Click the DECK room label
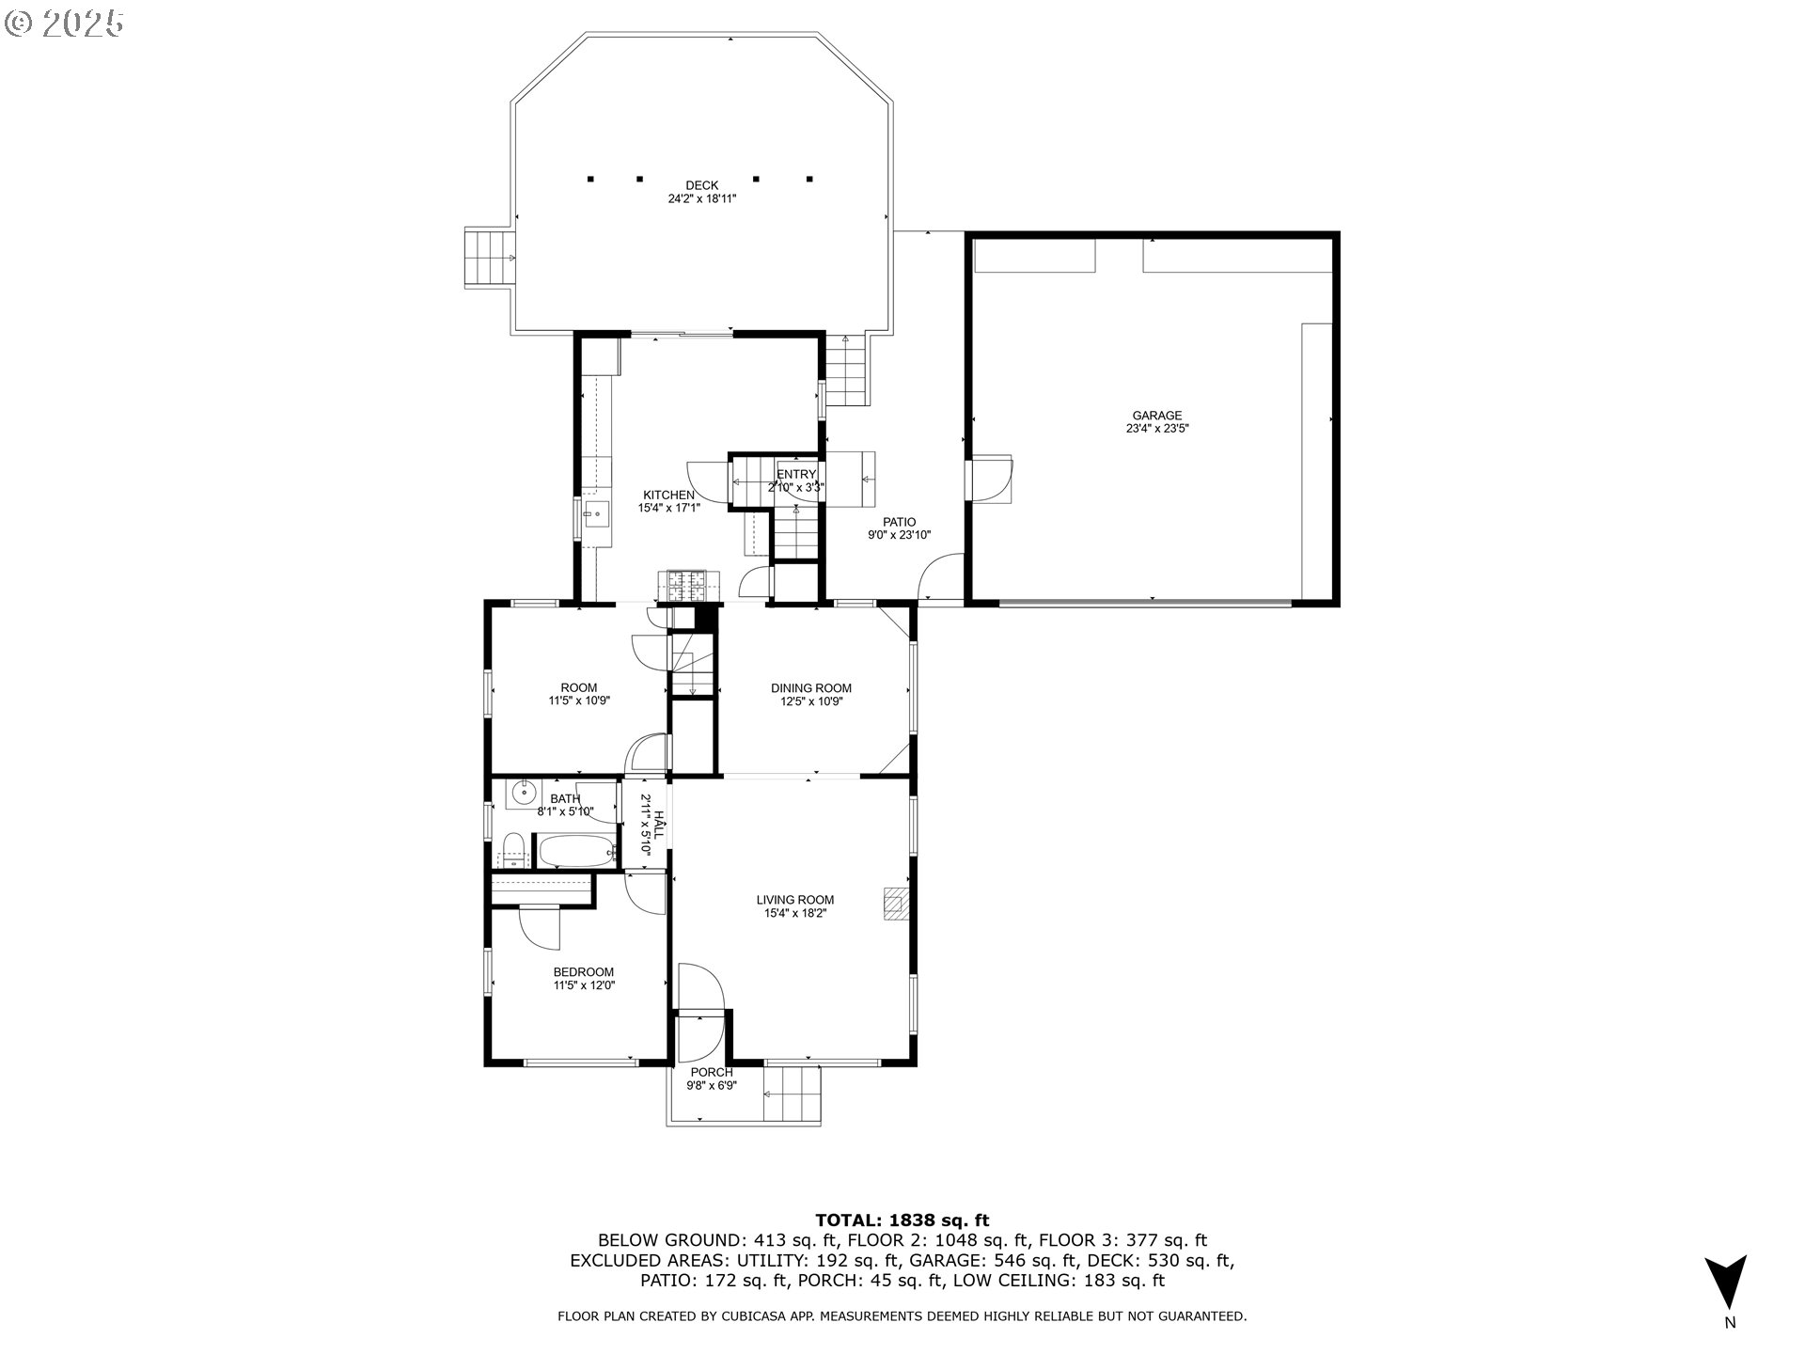[x=701, y=185]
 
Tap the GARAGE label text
[x=1156, y=416]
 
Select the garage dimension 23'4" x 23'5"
[x=1157, y=429]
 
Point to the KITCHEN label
[x=668, y=496]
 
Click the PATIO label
[x=899, y=523]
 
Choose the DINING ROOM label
[x=811, y=688]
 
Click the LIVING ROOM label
[x=795, y=900]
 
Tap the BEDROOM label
[x=584, y=972]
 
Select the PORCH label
[x=712, y=1073]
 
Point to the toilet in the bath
[x=512, y=850]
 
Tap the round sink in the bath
[x=523, y=795]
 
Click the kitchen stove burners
[x=691, y=586]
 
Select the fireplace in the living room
[x=896, y=904]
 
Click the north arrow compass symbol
[x=1726, y=1282]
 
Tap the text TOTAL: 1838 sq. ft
[x=902, y=1220]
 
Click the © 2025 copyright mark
[x=64, y=24]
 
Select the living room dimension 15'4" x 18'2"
[x=795, y=913]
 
